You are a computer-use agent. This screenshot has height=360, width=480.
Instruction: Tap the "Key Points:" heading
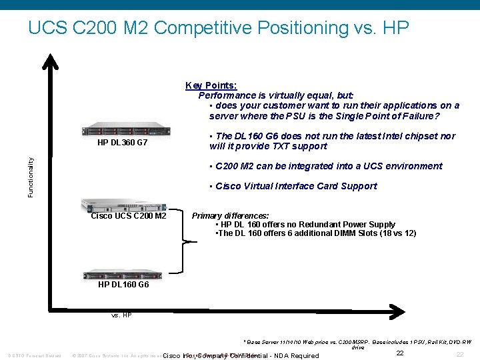pos(211,85)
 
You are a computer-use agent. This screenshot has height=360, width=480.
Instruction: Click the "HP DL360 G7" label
pos(123,143)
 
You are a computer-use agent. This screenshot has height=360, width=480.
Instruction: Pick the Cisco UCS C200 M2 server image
pos(123,205)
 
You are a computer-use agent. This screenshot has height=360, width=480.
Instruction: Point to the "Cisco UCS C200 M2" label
pos(129,216)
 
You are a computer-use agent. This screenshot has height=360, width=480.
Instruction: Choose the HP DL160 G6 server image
pos(123,275)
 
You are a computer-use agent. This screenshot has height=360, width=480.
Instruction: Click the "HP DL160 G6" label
pos(123,285)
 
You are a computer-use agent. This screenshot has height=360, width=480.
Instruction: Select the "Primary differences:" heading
pos(231,216)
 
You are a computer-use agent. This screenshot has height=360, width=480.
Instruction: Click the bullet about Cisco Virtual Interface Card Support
pos(293,186)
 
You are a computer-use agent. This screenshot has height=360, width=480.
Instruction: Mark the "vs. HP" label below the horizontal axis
pos(121,315)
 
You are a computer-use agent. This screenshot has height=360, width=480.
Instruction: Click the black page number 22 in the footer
pos(400,353)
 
